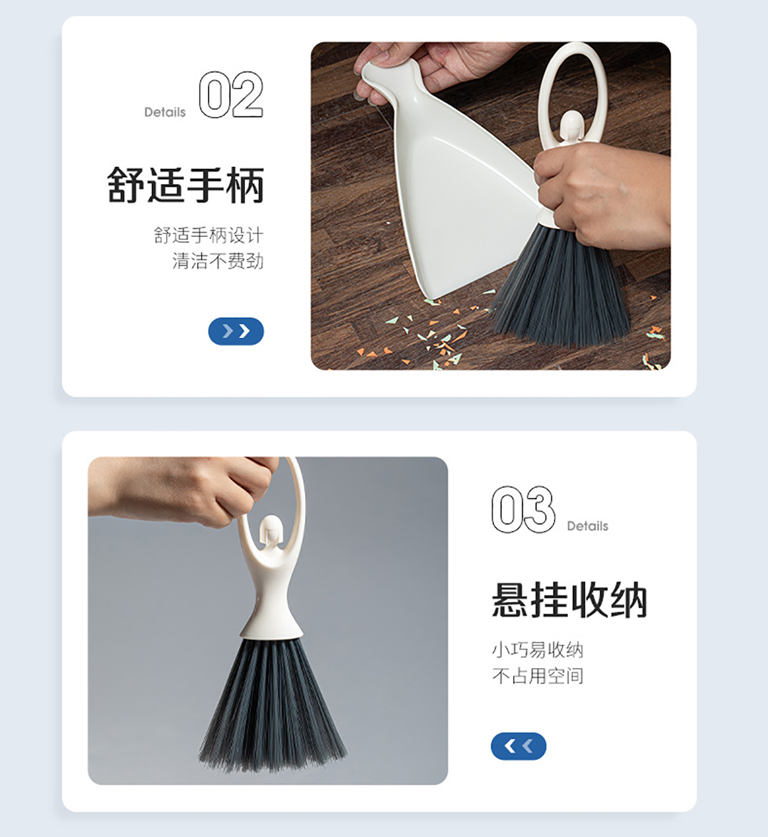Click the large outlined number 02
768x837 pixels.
pos(231,94)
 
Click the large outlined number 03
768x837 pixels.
pos(523,509)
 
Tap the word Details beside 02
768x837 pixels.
pos(165,112)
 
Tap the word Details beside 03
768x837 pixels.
pos(588,526)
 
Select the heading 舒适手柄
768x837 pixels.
pos(186,184)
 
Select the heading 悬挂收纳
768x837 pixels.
pos(570,600)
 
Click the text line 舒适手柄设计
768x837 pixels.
pos(209,235)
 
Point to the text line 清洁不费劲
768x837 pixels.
pos(218,261)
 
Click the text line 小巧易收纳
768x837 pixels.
pos(538,650)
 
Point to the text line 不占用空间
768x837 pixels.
pos(538,676)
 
